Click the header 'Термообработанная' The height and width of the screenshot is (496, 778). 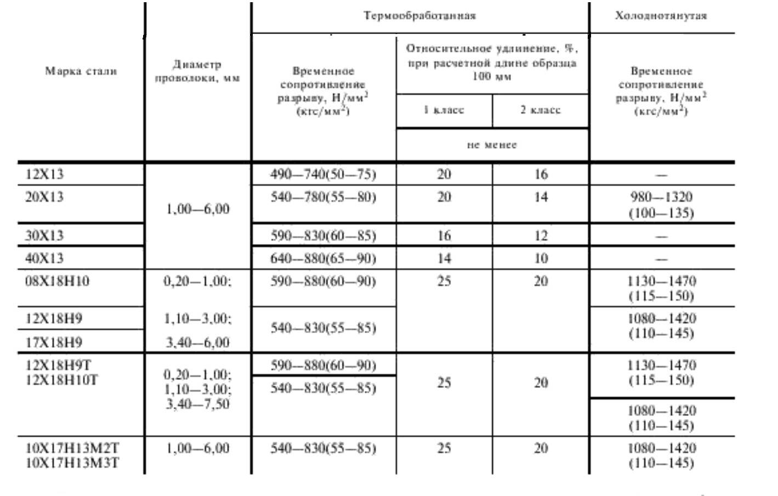tap(419, 15)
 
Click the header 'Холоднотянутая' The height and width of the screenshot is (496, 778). tap(661, 15)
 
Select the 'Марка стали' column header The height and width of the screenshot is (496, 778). tap(81, 71)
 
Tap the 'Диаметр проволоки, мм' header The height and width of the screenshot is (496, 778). tap(197, 71)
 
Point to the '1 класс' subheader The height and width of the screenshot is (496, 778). tap(444, 110)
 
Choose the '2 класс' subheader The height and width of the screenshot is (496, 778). tap(540, 110)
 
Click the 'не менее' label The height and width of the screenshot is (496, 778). tap(492, 145)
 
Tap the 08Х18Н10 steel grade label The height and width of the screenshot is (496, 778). tap(57, 281)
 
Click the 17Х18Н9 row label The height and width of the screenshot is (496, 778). tap(54, 343)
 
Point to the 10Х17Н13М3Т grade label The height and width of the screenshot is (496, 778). tap(72, 463)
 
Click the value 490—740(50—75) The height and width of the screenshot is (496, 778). tap(323, 174)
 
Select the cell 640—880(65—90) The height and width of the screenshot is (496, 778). tap(323, 258)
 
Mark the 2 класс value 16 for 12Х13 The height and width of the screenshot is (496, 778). tap(541, 174)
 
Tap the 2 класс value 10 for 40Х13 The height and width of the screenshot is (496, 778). tap(541, 258)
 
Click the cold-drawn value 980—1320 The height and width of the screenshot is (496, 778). tap(661, 197)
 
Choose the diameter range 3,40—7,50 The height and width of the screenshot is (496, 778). tap(197, 405)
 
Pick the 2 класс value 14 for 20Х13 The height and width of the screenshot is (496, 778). tap(541, 197)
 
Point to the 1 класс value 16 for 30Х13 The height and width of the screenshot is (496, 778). tap(444, 236)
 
